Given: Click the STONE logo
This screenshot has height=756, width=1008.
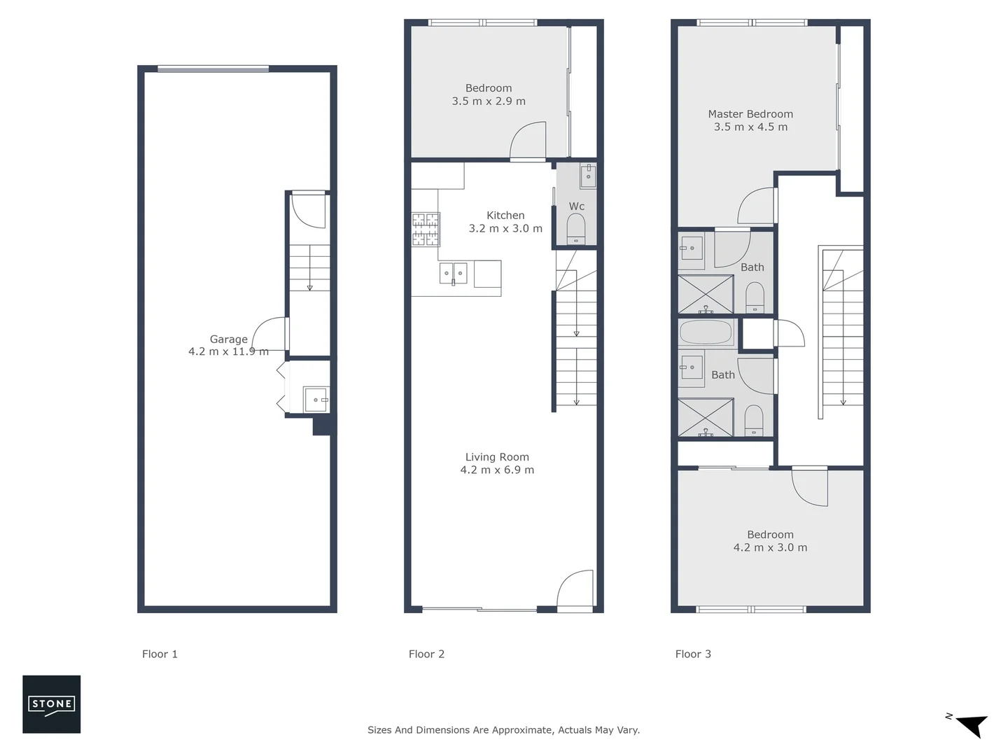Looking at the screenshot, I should pos(51,704).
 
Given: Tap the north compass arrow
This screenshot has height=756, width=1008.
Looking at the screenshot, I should pos(969,724).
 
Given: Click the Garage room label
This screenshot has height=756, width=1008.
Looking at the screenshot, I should pos(228,339).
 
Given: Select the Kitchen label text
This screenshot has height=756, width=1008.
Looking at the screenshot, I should pos(505,216).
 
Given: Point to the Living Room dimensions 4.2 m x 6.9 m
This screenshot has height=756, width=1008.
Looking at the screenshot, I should pos(497,470).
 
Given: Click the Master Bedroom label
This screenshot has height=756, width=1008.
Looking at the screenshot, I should pos(750,114).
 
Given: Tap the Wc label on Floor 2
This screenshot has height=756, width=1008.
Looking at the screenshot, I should pos(576,206).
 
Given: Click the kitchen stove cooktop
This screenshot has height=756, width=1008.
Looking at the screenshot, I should pos(426,230).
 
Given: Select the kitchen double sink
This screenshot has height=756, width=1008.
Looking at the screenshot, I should pos(454,273).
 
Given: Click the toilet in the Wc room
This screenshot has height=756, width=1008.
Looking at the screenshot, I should pos(576,228).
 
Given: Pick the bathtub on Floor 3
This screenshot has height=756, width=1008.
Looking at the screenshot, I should pos(706,332).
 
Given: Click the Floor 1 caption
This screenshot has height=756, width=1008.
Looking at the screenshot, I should pos(160,654).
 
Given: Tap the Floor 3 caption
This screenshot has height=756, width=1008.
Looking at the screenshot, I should pos(693,654).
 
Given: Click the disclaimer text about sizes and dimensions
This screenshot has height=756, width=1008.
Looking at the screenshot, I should pos(503,730).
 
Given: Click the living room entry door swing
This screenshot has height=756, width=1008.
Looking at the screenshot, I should pos(576,589).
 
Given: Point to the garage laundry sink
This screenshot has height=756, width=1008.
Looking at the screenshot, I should pos(314,400).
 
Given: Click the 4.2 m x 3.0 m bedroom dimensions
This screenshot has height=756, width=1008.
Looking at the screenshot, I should pos(770,547).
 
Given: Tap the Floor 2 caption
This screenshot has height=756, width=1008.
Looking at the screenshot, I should pos(426,654).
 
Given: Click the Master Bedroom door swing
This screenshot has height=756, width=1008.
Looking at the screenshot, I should pos(757,206).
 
